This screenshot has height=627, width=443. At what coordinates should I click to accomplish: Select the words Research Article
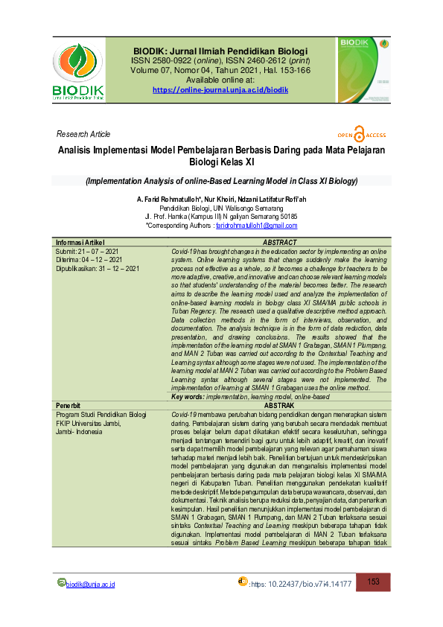pyautogui.click(x=83, y=134)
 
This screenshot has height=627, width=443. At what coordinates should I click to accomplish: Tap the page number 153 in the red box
pyautogui.click(x=374, y=582)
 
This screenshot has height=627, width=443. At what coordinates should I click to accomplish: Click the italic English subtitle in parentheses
pyautogui.click(x=221, y=181)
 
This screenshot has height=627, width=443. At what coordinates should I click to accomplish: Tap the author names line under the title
pyautogui.click(x=221, y=200)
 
